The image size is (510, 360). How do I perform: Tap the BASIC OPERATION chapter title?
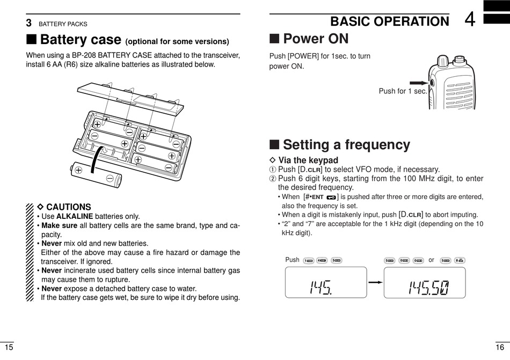point(389,21)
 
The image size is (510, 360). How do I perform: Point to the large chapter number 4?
point(470,20)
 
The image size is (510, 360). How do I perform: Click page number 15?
point(8,347)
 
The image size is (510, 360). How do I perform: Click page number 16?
point(500,347)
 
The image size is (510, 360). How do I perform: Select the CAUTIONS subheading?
point(68,207)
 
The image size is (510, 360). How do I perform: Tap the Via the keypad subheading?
point(308,160)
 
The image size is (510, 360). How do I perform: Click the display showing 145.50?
point(424,283)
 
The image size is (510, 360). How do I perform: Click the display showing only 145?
point(326,283)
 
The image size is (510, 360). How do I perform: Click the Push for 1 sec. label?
point(403,91)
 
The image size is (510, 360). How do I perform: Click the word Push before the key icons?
point(293,260)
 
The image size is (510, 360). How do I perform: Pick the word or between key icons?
point(431,260)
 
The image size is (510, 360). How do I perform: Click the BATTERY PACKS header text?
point(62,24)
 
